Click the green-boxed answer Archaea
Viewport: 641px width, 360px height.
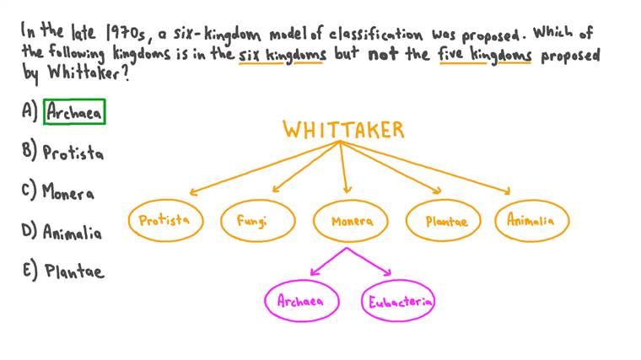[x=74, y=112]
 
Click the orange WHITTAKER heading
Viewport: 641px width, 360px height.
[x=343, y=131]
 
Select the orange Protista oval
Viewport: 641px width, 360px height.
[x=164, y=221]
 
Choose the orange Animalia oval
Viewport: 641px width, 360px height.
[x=531, y=221]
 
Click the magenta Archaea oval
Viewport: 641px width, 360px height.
[x=301, y=301]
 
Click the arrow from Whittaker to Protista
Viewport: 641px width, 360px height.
[x=261, y=169]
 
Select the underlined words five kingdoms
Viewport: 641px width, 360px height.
[x=483, y=56]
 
